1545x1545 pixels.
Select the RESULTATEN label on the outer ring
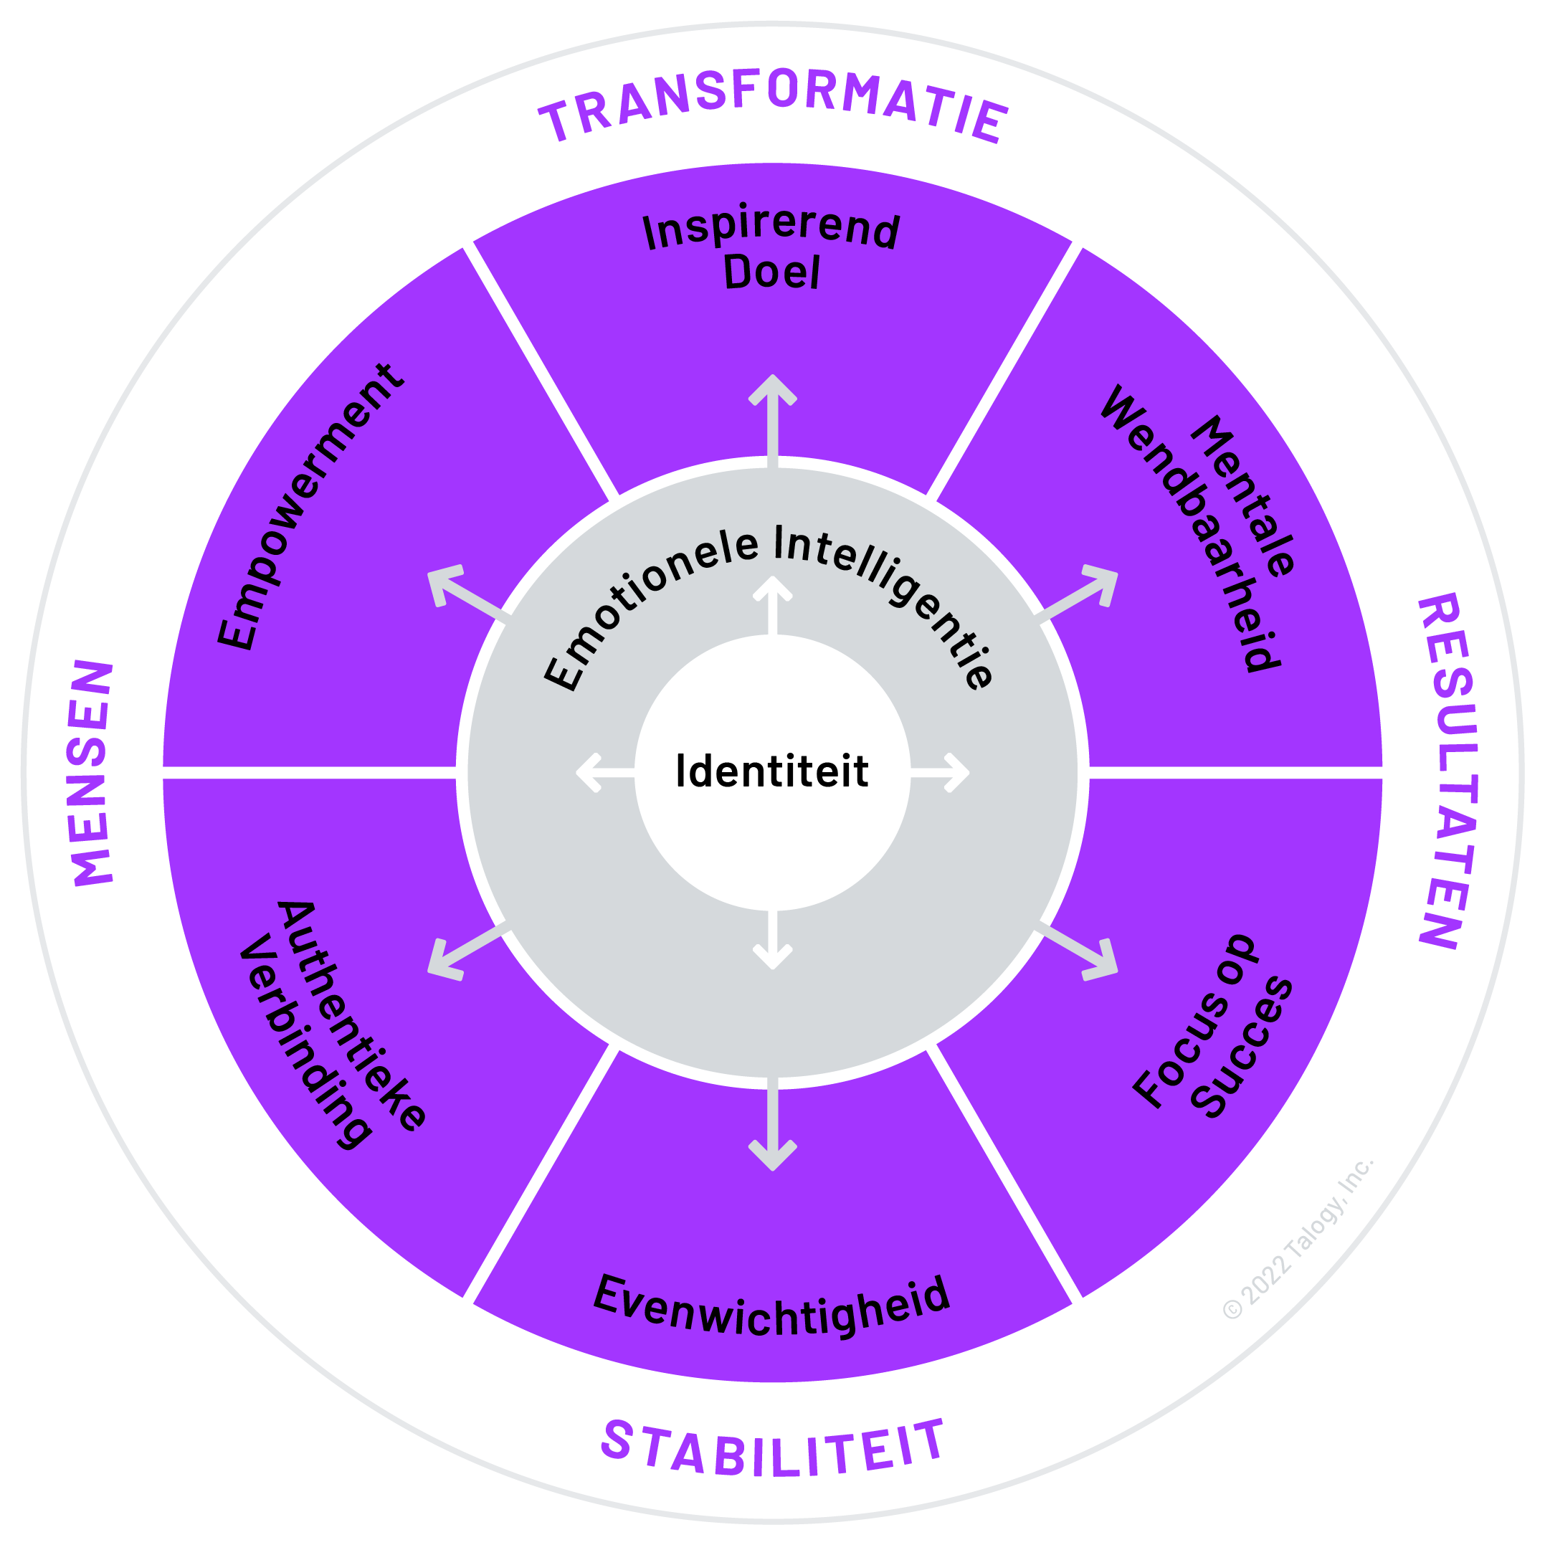click(x=1447, y=771)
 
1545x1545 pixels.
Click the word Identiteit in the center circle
click(x=771, y=771)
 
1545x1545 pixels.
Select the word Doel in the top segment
click(x=771, y=273)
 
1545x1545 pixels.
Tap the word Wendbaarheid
click(x=1192, y=528)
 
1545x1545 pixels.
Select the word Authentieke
click(x=352, y=1016)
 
